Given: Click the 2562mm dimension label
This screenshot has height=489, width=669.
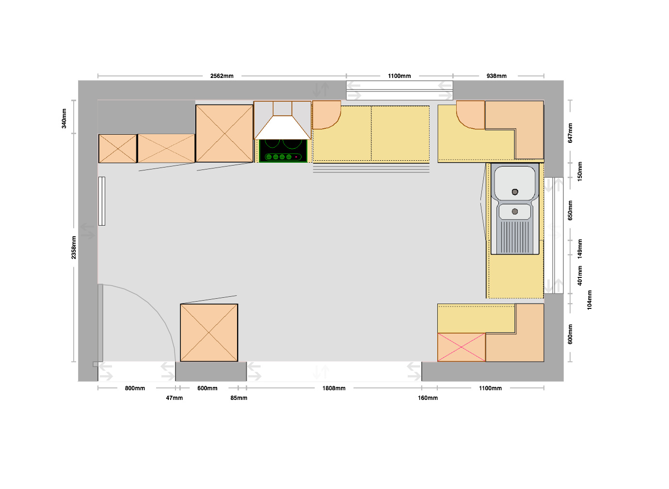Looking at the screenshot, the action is click(x=222, y=76).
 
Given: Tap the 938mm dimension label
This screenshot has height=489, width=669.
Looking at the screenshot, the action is click(x=496, y=76).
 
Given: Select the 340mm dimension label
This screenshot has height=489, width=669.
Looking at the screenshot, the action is click(x=64, y=119).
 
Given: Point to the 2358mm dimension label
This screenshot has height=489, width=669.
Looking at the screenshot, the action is click(x=74, y=247).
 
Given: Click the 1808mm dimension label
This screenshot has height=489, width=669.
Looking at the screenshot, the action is click(x=334, y=388).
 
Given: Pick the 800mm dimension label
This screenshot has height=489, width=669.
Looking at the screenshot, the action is click(x=135, y=388).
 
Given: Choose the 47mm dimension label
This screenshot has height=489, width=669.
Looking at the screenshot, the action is click(x=175, y=398).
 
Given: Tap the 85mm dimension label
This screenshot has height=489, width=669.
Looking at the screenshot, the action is click(x=239, y=398).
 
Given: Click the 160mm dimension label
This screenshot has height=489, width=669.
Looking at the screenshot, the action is click(x=428, y=398).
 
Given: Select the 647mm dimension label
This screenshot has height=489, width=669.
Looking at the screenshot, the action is click(x=570, y=133).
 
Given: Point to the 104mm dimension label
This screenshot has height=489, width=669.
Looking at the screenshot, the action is click(x=589, y=300).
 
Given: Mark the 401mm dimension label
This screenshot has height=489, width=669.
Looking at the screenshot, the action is click(x=580, y=275).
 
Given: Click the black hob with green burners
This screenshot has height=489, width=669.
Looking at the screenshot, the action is click(x=283, y=151).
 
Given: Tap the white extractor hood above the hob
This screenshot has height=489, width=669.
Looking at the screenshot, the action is click(x=283, y=127).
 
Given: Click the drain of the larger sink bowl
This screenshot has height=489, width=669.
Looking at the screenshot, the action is click(x=515, y=192).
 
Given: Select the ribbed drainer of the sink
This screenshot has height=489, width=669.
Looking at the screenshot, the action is click(x=515, y=237).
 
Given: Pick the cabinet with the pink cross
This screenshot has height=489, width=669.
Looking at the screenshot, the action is click(x=462, y=347).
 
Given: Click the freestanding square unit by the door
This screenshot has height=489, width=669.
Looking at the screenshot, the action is click(x=209, y=333).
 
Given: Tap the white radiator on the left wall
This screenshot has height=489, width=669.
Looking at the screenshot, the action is click(x=102, y=201).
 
